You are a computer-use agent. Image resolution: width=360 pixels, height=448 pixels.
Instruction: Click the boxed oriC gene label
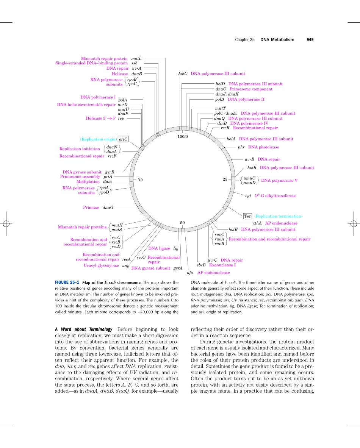coord(123,139)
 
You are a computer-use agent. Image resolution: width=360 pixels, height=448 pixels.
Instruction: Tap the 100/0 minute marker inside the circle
coord(182,136)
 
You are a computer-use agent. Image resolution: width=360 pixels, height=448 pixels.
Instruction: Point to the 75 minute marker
coord(140,180)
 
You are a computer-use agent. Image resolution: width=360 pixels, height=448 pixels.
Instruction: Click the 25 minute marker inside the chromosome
coord(225,180)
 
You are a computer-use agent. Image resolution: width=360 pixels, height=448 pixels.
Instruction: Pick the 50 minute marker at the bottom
coord(182,222)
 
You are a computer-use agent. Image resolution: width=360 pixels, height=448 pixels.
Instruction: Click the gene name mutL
coord(136,59)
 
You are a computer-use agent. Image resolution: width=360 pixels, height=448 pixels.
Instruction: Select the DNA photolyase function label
coord(263,147)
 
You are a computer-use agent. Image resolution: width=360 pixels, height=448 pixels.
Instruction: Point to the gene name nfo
coord(190,273)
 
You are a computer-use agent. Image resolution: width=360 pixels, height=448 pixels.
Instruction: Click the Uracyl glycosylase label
coord(101,265)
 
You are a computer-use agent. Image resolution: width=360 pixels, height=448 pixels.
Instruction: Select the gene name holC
coord(183,74)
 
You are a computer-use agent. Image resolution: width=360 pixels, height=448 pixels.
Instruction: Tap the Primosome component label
coord(251,89)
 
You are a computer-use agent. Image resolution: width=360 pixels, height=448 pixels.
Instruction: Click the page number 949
coord(310,39)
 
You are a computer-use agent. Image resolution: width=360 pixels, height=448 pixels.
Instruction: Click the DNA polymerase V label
coord(279,181)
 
